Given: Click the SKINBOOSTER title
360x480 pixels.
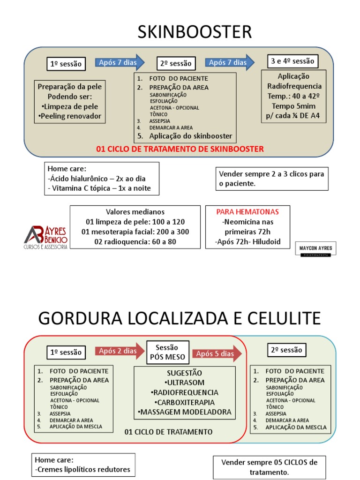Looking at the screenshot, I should (x=194, y=32).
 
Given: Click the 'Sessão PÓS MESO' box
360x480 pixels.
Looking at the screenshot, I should (x=167, y=352).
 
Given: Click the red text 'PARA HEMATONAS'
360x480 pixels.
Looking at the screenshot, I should (x=247, y=212).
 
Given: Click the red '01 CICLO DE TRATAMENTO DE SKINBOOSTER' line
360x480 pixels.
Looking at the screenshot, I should (x=180, y=149).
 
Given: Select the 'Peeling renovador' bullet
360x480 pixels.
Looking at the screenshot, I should (x=70, y=116).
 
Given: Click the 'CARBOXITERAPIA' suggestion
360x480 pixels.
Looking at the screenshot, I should (x=184, y=402).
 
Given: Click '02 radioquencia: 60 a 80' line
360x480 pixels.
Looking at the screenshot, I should (x=135, y=242).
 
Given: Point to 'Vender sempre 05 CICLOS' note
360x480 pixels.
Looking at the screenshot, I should (x=269, y=462).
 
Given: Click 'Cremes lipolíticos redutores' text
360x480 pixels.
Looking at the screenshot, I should (x=82, y=469).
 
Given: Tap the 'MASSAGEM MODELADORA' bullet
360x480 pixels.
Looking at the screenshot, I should (x=184, y=412).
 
